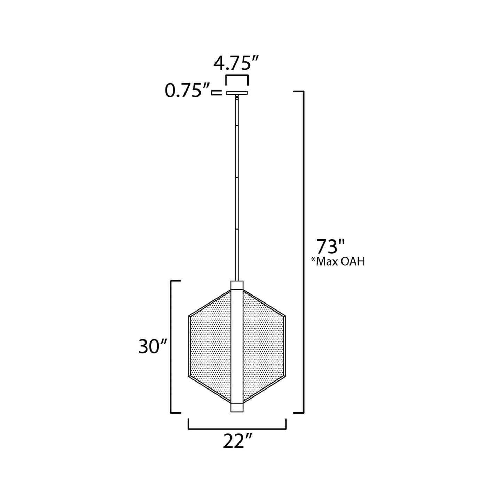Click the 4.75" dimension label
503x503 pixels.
[237, 64]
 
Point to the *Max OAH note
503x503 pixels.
[338, 261]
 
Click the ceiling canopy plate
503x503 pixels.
[237, 93]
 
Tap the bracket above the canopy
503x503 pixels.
[237, 77]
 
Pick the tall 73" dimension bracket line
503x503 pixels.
[304, 251]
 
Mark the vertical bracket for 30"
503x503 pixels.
[171, 346]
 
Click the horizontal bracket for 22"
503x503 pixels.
[237, 429]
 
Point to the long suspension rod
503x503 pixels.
[237, 188]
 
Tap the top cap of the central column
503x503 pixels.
[237, 285]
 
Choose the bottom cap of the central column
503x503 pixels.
[237, 408]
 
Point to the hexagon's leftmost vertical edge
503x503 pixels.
[189, 346]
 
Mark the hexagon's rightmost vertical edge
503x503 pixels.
[285, 346]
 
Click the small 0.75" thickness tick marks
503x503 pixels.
[217, 93]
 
